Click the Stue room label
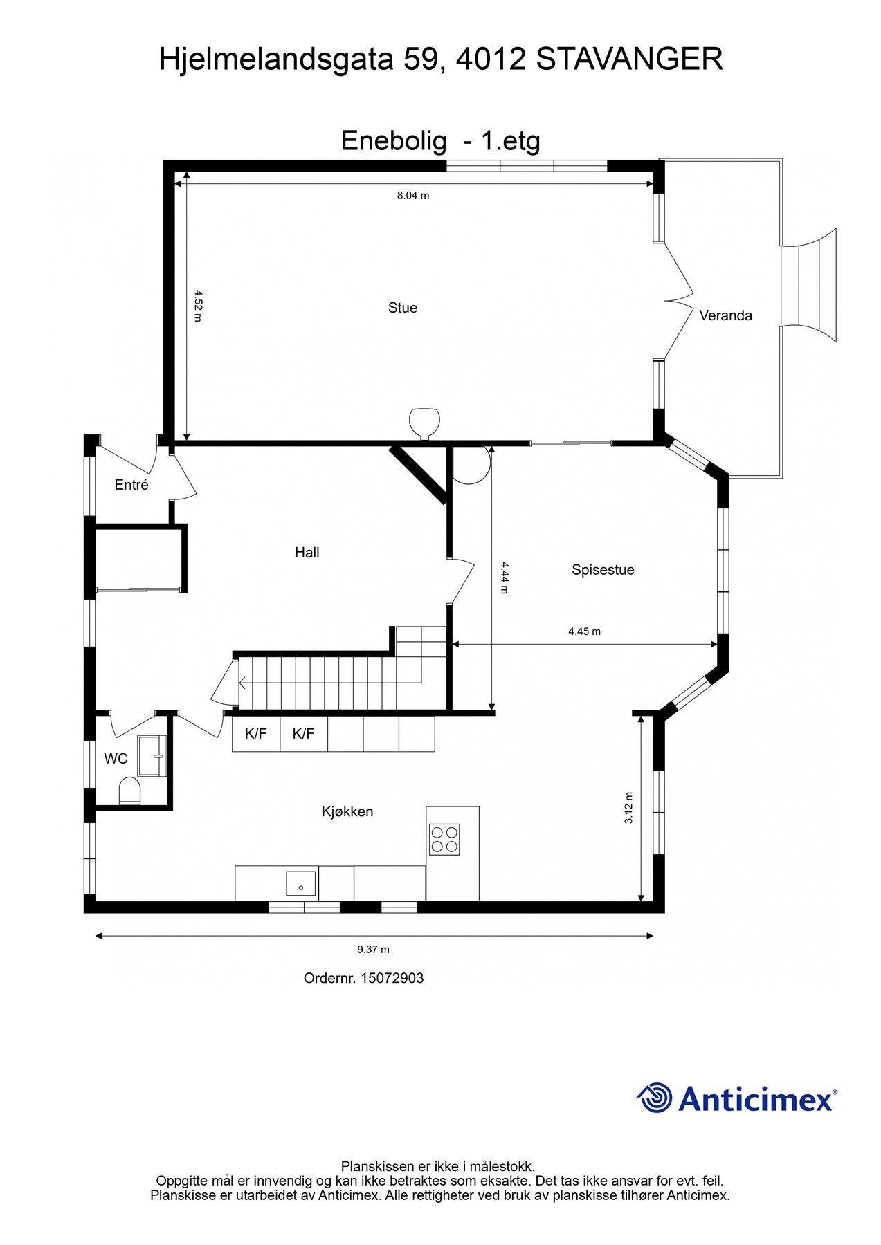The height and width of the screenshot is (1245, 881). [402, 308]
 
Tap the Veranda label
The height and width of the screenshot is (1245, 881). [725, 315]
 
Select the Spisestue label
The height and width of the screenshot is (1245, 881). [603, 570]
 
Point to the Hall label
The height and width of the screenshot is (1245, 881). [307, 552]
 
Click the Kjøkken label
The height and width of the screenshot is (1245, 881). [347, 811]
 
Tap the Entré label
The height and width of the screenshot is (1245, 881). [131, 485]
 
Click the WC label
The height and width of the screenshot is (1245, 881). [116, 759]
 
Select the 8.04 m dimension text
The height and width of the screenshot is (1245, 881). [413, 196]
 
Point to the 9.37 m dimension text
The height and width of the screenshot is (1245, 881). [373, 950]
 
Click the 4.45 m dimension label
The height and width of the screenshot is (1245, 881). [584, 631]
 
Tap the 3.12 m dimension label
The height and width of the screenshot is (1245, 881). [628, 808]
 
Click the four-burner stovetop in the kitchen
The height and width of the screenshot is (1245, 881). [444, 840]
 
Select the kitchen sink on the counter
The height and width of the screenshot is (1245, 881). [301, 883]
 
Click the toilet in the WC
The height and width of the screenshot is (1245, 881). [129, 791]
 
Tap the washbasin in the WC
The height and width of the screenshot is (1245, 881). [152, 755]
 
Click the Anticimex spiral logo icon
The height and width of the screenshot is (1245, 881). [654, 1098]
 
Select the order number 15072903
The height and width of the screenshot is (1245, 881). [392, 978]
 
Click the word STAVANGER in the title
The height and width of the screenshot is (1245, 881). [629, 59]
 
